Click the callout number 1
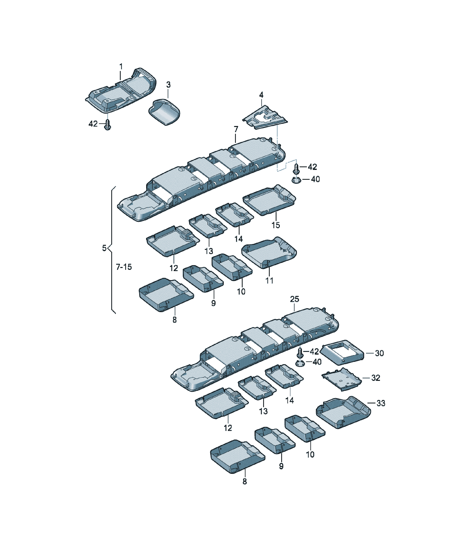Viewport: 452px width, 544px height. click(x=121, y=67)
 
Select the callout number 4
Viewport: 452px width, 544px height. click(x=261, y=95)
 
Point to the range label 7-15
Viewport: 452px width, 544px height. click(x=124, y=267)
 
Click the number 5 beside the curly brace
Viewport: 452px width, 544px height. click(x=104, y=248)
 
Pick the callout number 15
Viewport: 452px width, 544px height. click(x=276, y=225)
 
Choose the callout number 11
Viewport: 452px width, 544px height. click(x=269, y=280)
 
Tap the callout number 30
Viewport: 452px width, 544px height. click(x=379, y=353)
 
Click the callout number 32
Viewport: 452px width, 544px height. click(x=376, y=378)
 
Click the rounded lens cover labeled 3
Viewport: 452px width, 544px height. click(x=164, y=112)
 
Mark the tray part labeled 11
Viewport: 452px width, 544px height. click(x=269, y=253)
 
